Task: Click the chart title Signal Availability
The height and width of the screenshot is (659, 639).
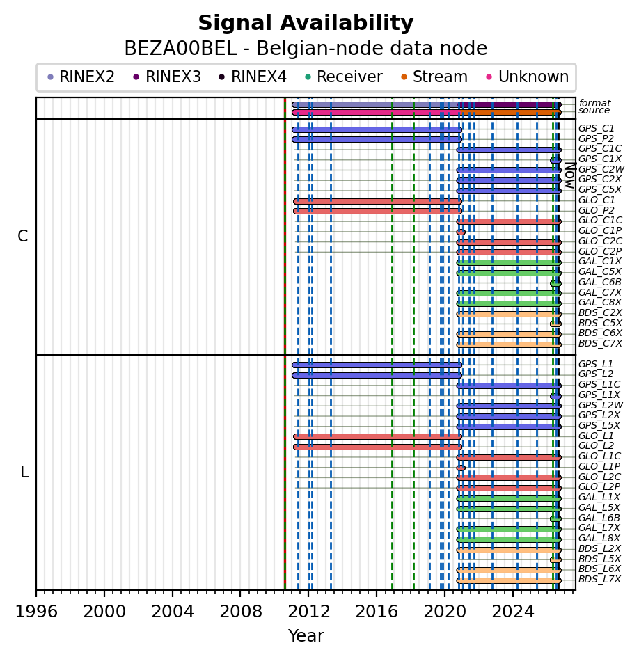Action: [306, 23]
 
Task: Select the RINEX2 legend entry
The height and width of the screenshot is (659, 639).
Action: [81, 77]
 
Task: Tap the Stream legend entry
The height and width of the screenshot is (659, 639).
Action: [434, 77]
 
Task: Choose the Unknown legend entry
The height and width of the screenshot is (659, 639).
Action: [527, 77]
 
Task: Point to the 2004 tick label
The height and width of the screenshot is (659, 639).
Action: [173, 612]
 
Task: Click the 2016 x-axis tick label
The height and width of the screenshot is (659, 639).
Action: [377, 612]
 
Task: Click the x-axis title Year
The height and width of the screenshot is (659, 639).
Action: [306, 636]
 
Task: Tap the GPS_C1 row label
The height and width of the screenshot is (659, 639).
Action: [596, 128]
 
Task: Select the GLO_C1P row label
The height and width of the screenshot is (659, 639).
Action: [600, 230]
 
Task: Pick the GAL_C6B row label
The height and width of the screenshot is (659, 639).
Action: [600, 282]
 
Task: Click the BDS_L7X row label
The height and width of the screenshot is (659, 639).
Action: [599, 579]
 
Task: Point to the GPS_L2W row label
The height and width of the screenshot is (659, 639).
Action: [601, 405]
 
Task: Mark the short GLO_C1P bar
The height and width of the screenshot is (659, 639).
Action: [461, 232]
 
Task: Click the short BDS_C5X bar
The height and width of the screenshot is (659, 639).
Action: [555, 324]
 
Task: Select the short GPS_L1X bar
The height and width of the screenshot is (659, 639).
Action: [555, 397]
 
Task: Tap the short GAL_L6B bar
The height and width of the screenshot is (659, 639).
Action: [555, 519]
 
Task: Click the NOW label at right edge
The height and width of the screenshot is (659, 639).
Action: [571, 175]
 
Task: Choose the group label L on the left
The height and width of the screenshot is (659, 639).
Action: [24, 473]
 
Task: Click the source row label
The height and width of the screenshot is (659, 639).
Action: [594, 110]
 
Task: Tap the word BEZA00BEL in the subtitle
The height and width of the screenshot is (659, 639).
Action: [180, 48]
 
